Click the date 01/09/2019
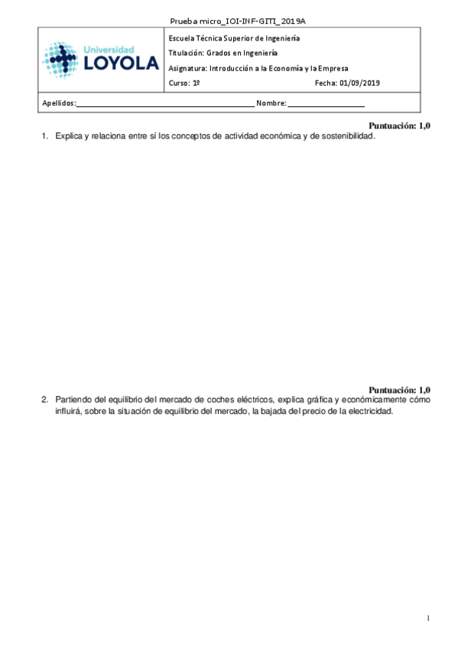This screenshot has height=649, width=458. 362,83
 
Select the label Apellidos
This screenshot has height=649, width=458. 54,103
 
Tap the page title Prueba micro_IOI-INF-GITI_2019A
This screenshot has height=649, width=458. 229,20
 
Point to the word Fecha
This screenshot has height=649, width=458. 324,83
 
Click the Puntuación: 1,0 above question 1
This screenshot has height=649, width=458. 399,126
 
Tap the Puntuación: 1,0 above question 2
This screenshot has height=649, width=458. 399,390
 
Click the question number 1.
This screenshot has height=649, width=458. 44,135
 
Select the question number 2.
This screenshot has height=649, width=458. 44,400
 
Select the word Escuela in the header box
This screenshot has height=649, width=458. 181,38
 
